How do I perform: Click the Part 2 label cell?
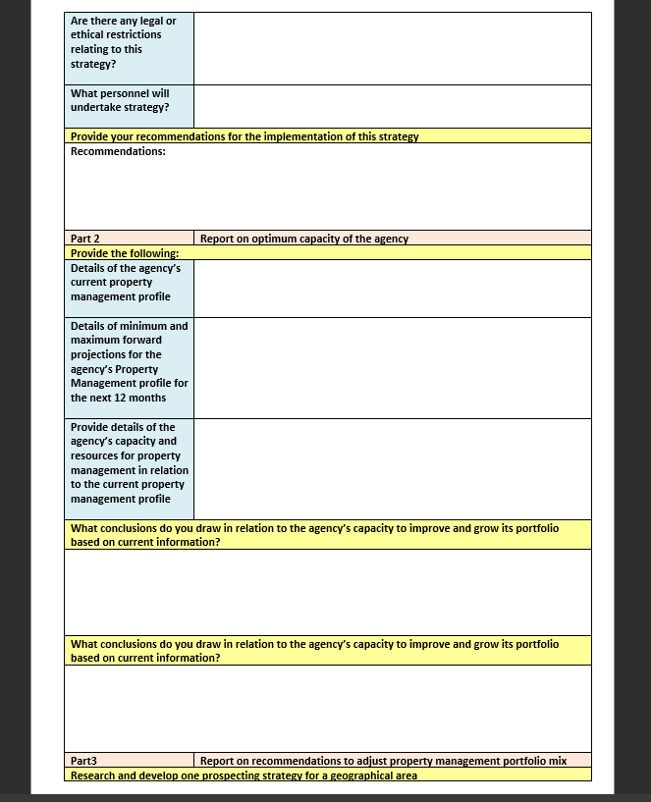point(129,239)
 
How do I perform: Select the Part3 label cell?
point(129,761)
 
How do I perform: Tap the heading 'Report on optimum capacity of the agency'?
point(304,239)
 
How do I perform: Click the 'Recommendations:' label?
point(118,151)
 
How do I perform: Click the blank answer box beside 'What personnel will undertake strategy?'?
point(393,106)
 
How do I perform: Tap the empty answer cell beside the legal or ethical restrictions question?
point(393,48)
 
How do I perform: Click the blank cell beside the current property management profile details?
point(393,289)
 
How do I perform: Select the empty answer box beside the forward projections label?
point(393,368)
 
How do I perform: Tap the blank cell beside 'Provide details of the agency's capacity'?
point(393,469)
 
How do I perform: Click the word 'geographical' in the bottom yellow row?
point(357,775)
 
